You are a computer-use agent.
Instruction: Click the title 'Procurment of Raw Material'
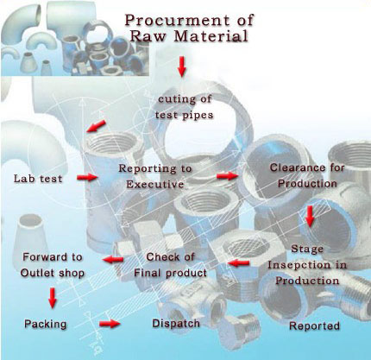click(x=186, y=26)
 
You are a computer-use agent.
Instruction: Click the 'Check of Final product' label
click(x=175, y=264)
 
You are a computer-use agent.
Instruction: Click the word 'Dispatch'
click(x=175, y=324)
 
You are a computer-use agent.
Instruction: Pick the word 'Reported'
click(x=314, y=326)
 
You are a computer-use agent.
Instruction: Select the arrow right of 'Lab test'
click(x=85, y=178)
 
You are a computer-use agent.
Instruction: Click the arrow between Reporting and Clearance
click(x=226, y=175)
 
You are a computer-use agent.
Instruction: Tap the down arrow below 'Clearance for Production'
click(x=309, y=214)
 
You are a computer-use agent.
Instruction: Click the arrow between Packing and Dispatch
click(x=110, y=325)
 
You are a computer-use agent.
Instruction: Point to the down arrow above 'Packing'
click(x=52, y=298)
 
